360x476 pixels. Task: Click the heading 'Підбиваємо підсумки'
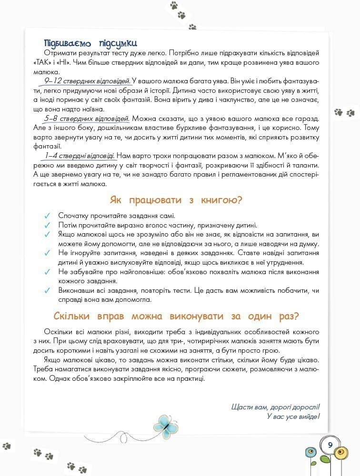click(90, 42)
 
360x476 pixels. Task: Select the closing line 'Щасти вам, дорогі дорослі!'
click(275, 407)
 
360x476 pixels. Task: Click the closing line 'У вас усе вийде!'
click(293, 416)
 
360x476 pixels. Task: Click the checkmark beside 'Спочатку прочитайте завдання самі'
click(47, 216)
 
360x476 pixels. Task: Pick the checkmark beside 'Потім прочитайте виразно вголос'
click(47, 226)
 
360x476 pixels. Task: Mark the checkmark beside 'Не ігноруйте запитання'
click(47, 253)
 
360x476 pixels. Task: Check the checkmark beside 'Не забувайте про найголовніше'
click(47, 272)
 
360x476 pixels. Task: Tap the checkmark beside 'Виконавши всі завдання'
click(47, 290)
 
